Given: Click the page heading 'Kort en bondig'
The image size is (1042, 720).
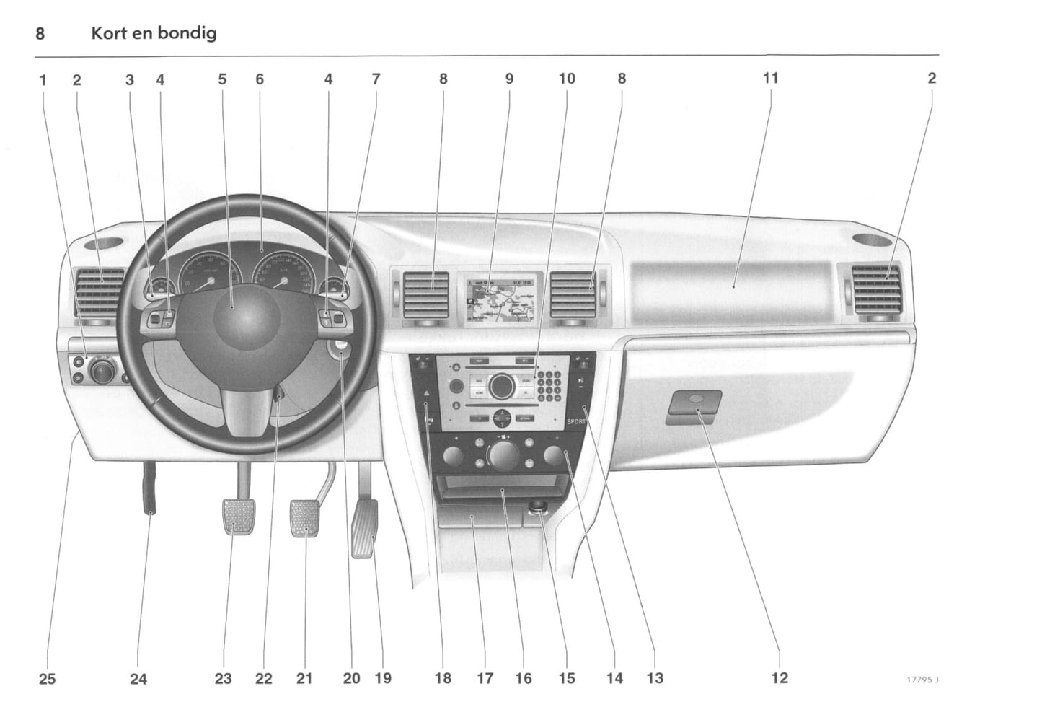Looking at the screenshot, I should point(154,33).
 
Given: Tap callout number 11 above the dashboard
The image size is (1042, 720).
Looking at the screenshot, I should point(770,78).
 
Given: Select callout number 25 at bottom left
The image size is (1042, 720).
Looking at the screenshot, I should point(47,678).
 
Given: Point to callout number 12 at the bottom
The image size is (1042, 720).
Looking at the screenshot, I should point(780,677).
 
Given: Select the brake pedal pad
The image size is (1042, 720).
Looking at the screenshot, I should point(304,518).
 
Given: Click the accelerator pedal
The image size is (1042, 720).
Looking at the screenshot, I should point(365,530).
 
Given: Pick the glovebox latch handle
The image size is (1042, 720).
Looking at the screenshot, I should point(694,405).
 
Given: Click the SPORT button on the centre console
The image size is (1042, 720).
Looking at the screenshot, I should point(575,421).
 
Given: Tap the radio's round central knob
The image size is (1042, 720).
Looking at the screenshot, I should point(500,386).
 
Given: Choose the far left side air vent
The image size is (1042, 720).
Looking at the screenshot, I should point(100,292).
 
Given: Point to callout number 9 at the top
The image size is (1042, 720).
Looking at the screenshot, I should point(509,79).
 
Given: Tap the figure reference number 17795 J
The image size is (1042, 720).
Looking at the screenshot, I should point(923,679).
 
